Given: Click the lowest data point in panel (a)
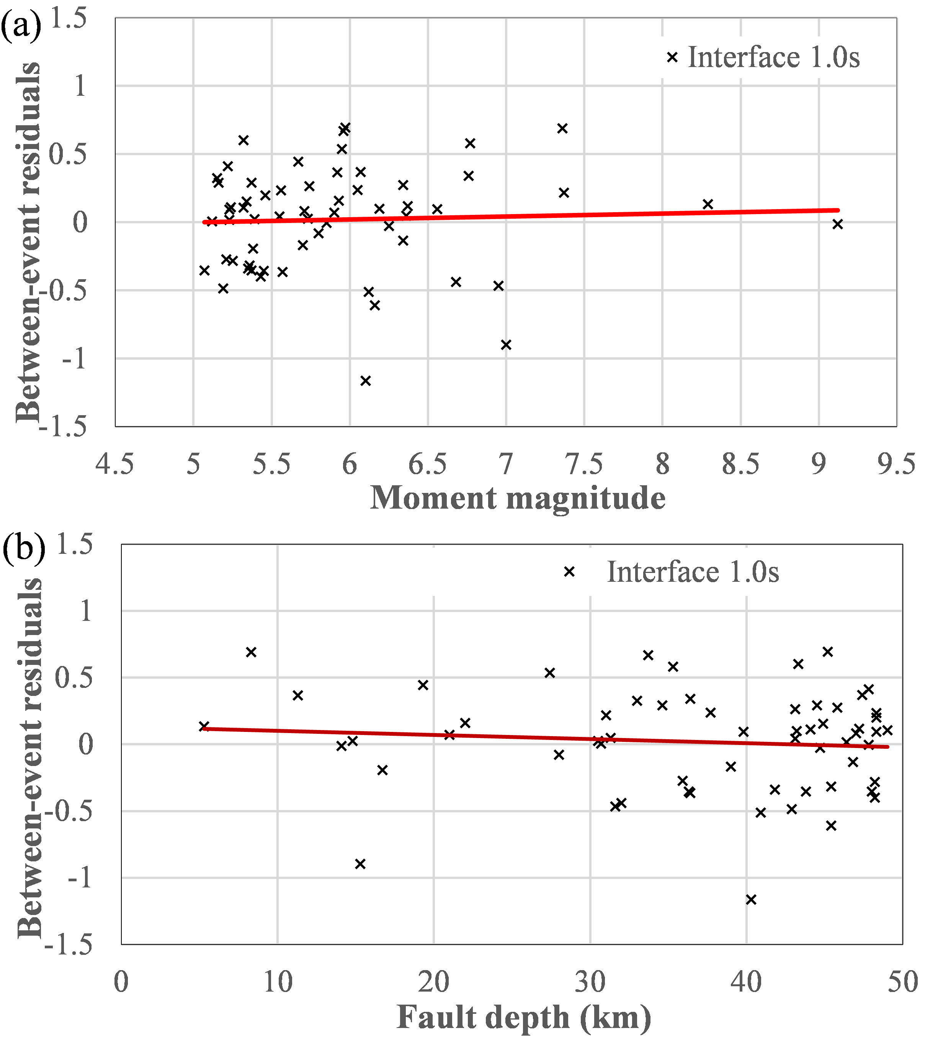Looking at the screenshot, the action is coord(365,381).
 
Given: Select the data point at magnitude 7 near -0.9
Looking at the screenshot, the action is coord(506,344).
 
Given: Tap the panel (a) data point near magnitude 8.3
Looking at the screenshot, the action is coord(708,204).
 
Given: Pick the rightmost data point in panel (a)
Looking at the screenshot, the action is coord(838,224).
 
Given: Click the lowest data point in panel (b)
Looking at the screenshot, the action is coord(751,899).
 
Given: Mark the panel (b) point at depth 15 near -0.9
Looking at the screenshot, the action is coord(360,864).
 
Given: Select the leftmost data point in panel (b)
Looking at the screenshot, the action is coord(204,726).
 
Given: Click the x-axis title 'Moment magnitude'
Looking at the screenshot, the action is coord(518,498).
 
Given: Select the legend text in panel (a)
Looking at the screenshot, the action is coord(774,57).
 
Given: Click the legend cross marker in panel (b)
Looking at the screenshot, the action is coord(569,572).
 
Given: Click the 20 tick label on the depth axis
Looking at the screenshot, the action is coord(433,982).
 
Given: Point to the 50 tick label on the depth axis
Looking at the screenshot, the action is coord(902,982).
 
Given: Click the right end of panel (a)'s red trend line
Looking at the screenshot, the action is coord(838,210).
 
